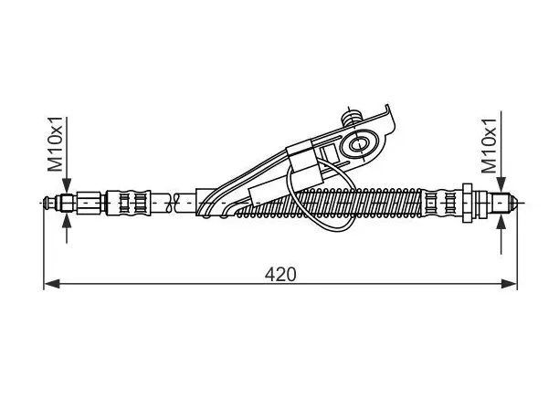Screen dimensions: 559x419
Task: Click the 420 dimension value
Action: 280,275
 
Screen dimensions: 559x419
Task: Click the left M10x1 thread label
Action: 56,144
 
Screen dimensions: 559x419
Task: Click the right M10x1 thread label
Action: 490,146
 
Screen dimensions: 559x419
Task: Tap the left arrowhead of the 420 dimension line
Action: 52,284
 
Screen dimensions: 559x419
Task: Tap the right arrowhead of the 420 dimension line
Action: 509,284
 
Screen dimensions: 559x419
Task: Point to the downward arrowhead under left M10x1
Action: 67,186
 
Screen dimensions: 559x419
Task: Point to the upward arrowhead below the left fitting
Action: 67,221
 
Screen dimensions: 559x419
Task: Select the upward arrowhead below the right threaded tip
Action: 501,222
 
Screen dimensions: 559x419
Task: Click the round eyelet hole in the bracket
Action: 358,144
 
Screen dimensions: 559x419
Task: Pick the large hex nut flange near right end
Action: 468,203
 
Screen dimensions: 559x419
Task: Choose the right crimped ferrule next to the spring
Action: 439,203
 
